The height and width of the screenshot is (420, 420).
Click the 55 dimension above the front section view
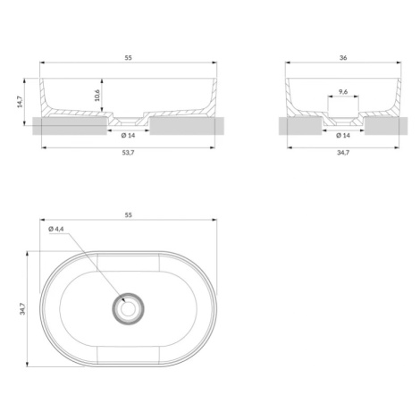(x=128, y=58)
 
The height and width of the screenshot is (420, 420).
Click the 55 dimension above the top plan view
(x=128, y=215)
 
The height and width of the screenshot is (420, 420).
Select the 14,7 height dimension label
(x=20, y=102)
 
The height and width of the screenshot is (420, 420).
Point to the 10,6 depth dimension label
(x=97, y=96)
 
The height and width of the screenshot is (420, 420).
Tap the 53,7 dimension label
(x=129, y=153)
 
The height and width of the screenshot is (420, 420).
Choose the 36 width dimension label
(x=343, y=58)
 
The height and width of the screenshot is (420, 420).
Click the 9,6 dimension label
(x=343, y=92)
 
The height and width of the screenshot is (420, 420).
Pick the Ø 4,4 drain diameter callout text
(x=56, y=229)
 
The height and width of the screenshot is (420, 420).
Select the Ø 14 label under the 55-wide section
(x=128, y=136)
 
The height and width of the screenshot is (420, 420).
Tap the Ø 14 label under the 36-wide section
(x=343, y=136)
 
